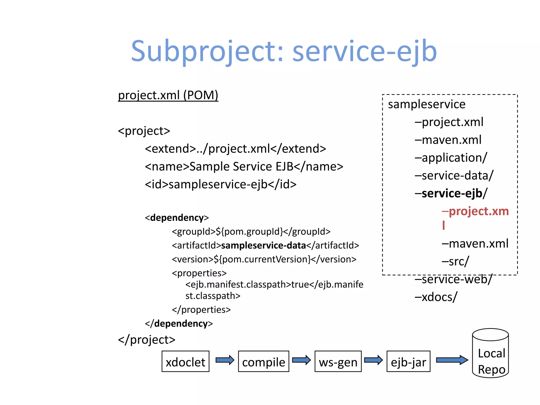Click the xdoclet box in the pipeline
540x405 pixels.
pyautogui.click(x=185, y=361)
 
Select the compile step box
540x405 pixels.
pyautogui.click(x=263, y=361)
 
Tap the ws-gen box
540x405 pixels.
pyautogui.click(x=338, y=361)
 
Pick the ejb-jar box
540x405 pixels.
pyautogui.click(x=408, y=361)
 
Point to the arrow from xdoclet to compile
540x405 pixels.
pyautogui.click(x=225, y=360)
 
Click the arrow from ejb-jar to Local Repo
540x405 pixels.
pyautogui.click(x=452, y=360)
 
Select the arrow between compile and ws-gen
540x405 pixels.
pyautogui.click(x=301, y=360)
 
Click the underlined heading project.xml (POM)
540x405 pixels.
pyautogui.click(x=168, y=95)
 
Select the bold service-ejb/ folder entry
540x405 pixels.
pyautogui.click(x=451, y=193)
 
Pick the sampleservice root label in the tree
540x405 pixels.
pyautogui.click(x=427, y=104)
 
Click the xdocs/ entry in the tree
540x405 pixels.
pyautogui.click(x=436, y=297)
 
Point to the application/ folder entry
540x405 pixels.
pyautogui.click(x=451, y=158)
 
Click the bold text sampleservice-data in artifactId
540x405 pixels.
pyautogui.click(x=263, y=245)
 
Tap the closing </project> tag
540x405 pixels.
pyautogui.click(x=147, y=340)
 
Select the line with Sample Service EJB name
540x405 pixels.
pyautogui.click(x=244, y=167)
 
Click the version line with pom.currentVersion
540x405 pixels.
pyautogui.click(x=264, y=259)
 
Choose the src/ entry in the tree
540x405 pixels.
pyautogui.click(x=455, y=262)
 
